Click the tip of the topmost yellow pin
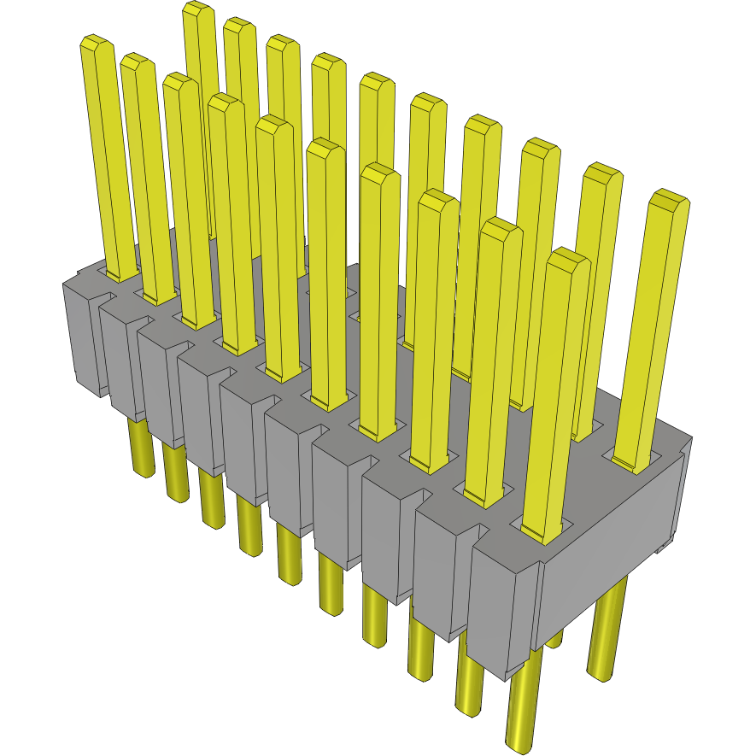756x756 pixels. click(197, 9)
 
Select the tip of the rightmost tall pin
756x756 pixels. click(669, 199)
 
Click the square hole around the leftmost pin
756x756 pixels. click(120, 275)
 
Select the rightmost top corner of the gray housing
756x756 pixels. click(689, 439)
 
